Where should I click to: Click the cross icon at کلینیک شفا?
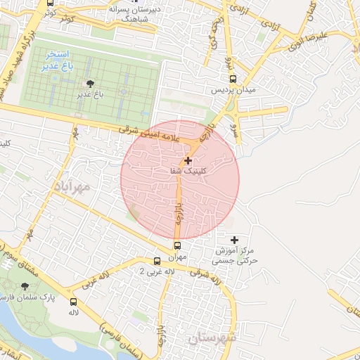pos(188,160)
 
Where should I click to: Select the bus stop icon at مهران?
pos(177,245)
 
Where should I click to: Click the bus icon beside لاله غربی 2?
pos(157,261)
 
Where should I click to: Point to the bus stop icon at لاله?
pos(73,302)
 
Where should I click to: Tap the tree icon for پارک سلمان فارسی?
pos(25,286)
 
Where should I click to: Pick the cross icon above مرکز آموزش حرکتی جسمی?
pos(234,240)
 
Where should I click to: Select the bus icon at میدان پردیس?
pos(233,79)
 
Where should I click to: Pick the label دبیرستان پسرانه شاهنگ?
pos(138,15)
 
